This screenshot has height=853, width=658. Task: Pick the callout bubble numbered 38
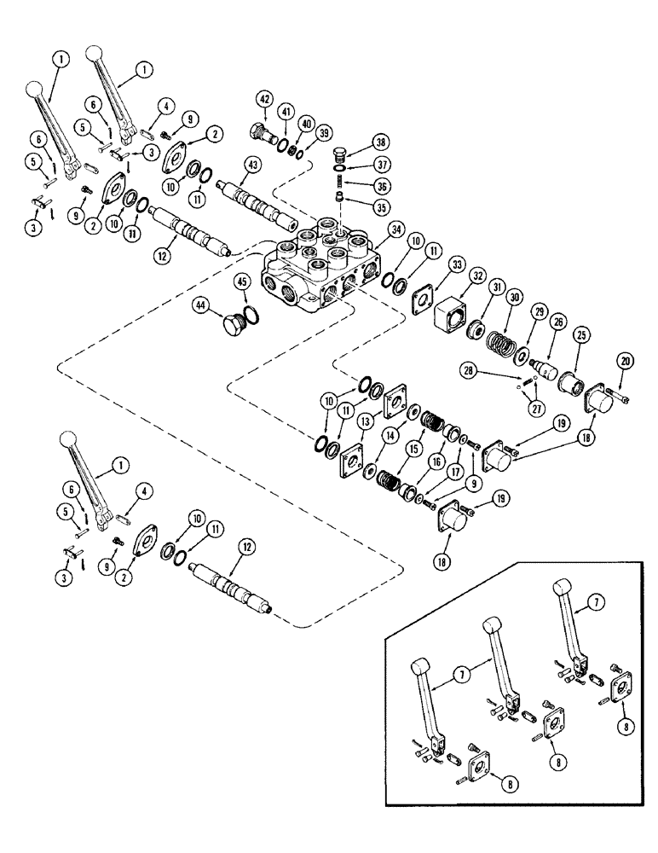[379, 142]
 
